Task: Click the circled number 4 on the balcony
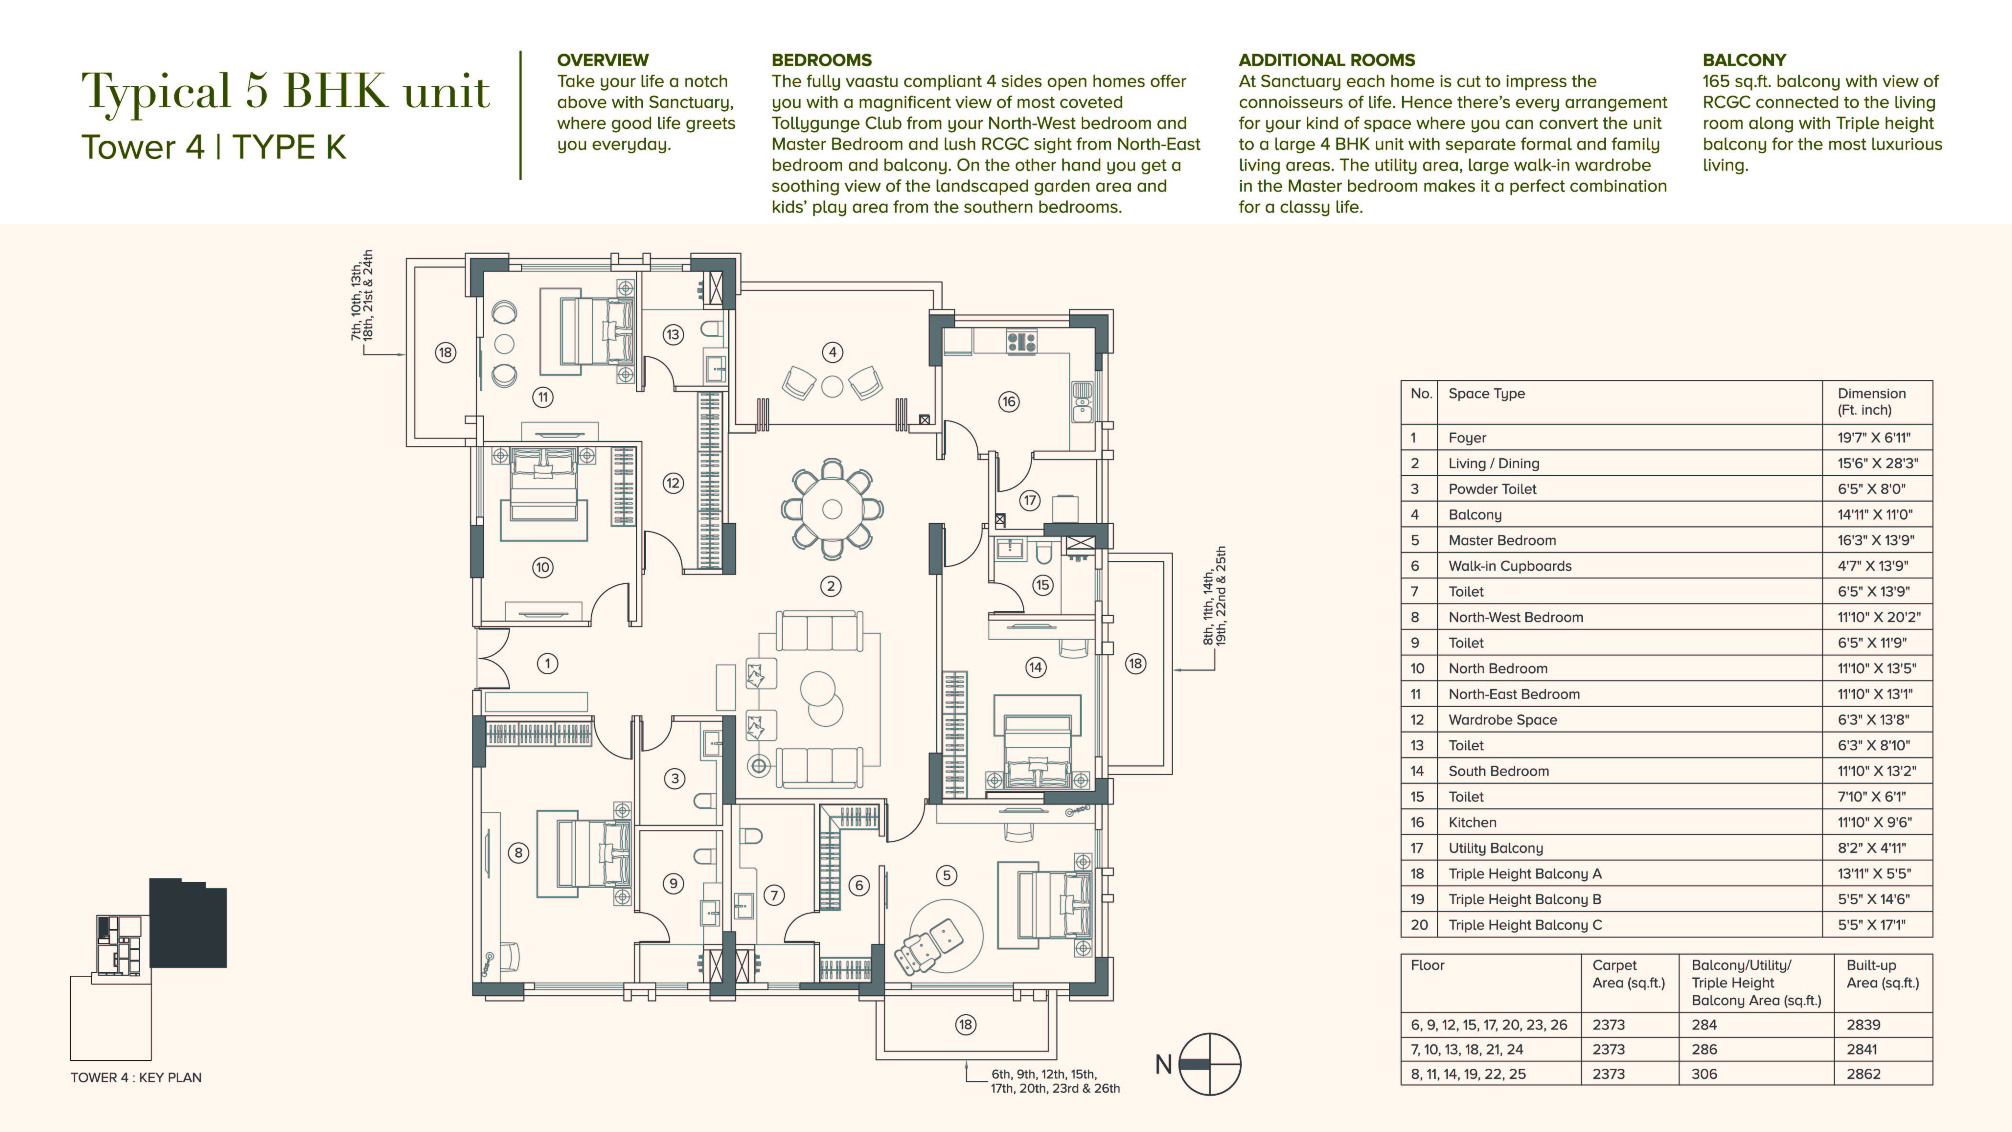(833, 352)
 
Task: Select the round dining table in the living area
(833, 509)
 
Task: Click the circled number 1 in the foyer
(548, 664)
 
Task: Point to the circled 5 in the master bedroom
(947, 875)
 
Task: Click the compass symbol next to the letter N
(1210, 1064)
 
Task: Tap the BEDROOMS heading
(822, 60)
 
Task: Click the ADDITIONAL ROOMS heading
(1326, 60)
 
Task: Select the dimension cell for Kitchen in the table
(1875, 822)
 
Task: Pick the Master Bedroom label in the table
(1502, 540)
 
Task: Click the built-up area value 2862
(1863, 1074)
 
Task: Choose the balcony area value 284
(1704, 1025)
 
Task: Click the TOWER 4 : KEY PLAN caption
(136, 1077)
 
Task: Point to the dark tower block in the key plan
(188, 924)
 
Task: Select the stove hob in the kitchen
(1022, 342)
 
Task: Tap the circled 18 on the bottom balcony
(965, 1025)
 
